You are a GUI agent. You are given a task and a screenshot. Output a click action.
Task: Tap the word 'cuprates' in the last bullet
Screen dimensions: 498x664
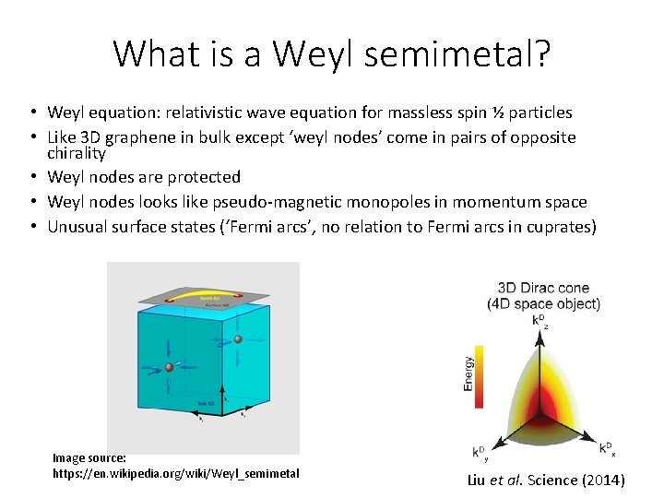(x=556, y=226)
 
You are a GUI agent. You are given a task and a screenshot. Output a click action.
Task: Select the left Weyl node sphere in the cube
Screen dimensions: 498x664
(x=169, y=368)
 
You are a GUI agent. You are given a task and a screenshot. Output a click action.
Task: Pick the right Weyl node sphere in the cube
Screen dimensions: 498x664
(x=238, y=339)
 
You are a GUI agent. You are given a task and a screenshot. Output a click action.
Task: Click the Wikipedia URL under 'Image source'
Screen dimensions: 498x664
(x=175, y=473)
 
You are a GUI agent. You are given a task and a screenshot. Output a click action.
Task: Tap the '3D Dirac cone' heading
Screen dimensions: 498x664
(x=543, y=288)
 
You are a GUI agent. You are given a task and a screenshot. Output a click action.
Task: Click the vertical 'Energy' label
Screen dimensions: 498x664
(x=468, y=373)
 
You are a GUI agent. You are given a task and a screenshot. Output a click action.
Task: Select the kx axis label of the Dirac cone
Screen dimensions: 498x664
(x=607, y=448)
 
